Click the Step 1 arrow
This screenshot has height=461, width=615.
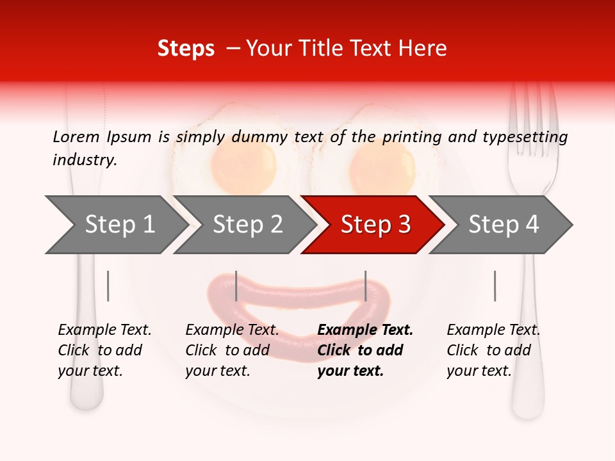(115, 225)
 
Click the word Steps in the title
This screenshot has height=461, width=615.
(186, 49)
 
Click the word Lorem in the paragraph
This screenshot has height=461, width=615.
(76, 136)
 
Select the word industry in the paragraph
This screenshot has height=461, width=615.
(84, 160)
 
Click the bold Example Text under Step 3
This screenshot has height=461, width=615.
(365, 330)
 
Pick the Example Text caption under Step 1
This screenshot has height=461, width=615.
(104, 330)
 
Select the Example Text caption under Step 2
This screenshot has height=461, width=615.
(232, 330)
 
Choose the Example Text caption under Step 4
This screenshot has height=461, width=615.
(493, 330)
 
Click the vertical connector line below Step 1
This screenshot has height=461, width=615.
(108, 286)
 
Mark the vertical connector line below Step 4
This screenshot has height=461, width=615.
(495, 286)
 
